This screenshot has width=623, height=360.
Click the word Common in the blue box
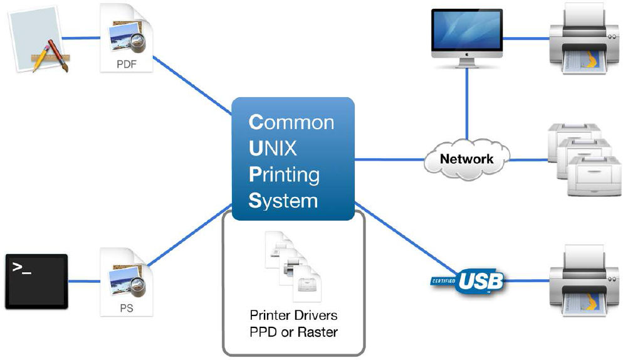(x=291, y=122)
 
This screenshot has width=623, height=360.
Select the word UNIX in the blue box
(x=273, y=149)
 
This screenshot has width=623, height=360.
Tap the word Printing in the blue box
(x=284, y=175)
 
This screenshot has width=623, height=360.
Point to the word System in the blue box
(x=283, y=201)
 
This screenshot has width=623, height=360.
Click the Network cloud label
(x=466, y=159)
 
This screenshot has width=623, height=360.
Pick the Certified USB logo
(x=468, y=282)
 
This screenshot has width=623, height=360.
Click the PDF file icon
(x=127, y=38)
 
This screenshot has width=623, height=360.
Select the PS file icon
(x=127, y=282)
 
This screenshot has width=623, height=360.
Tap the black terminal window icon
(x=36, y=282)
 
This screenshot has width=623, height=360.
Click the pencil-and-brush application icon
(x=39, y=40)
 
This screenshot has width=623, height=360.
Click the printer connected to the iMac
(x=584, y=39)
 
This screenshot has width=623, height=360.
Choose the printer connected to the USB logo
(x=584, y=281)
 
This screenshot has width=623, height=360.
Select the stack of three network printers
(x=584, y=160)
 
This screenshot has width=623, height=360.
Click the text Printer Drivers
(x=293, y=315)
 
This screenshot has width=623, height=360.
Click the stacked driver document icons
(x=293, y=267)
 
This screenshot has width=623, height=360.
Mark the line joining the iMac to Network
(x=467, y=104)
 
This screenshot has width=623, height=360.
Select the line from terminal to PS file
(x=84, y=281)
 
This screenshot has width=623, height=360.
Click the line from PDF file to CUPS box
(x=192, y=85)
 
